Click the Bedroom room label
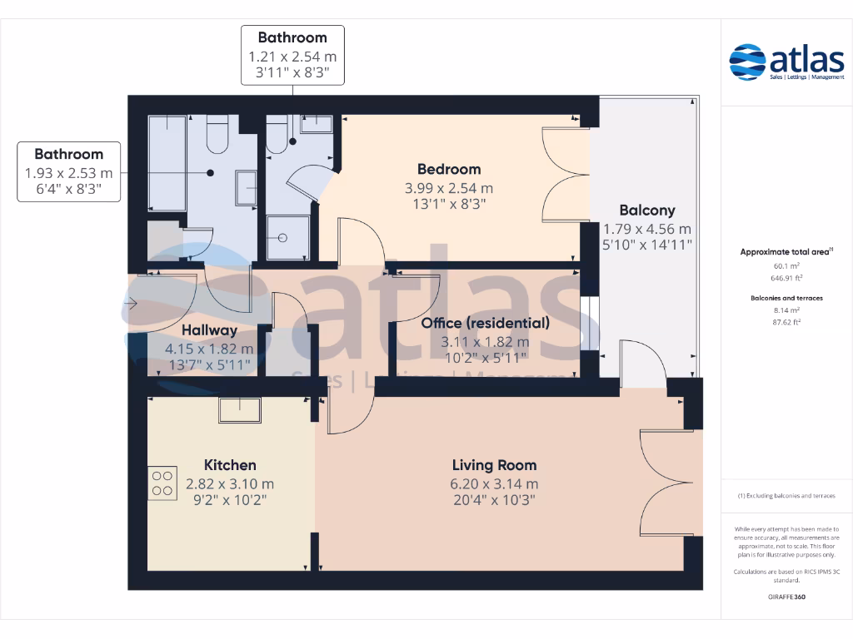[x=449, y=170]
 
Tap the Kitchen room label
[x=230, y=465]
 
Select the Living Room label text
[x=494, y=465]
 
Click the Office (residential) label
[x=485, y=323]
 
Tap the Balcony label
[x=646, y=211]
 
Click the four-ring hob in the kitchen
[x=162, y=483]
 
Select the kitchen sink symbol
[x=240, y=409]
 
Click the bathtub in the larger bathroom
[x=167, y=162]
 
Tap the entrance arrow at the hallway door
[x=132, y=305]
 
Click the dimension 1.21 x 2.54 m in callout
[x=292, y=57]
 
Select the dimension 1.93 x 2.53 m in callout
[x=69, y=173]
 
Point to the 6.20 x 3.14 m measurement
[x=494, y=483]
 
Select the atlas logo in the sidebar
[x=776, y=62]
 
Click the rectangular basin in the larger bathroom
[x=247, y=187]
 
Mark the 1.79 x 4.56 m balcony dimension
[x=646, y=229]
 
